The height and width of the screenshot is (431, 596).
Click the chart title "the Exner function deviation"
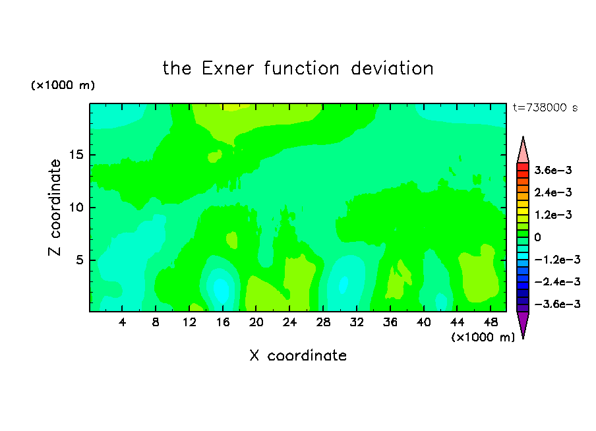[x=298, y=69]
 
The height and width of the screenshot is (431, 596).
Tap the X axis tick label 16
[x=223, y=322]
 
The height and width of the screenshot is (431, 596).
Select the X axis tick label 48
[x=491, y=322]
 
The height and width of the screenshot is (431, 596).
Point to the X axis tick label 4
[x=122, y=322]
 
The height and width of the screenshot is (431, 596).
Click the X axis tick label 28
[x=323, y=322]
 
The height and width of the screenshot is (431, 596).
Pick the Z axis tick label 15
[x=76, y=155]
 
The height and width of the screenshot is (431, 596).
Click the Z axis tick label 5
[x=80, y=260]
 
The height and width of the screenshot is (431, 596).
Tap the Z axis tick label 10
[x=76, y=207]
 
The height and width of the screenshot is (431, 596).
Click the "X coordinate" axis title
[x=298, y=355]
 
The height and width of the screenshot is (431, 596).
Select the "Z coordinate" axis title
[x=54, y=208]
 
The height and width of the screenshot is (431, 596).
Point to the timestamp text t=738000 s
[x=545, y=107]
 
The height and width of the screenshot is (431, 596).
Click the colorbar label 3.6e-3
[x=553, y=170]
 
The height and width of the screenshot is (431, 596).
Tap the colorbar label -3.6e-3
[x=557, y=304]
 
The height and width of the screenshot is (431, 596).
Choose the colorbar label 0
[x=537, y=237]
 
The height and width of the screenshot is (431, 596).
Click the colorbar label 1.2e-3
[x=553, y=215]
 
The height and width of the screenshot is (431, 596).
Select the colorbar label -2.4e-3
[x=557, y=281]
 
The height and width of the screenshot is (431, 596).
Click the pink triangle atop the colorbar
[x=523, y=152]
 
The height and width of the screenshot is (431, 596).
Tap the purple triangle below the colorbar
[x=523, y=323]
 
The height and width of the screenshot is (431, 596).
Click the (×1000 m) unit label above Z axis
[x=63, y=85]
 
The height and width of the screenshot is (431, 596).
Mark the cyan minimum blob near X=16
[x=221, y=289]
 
